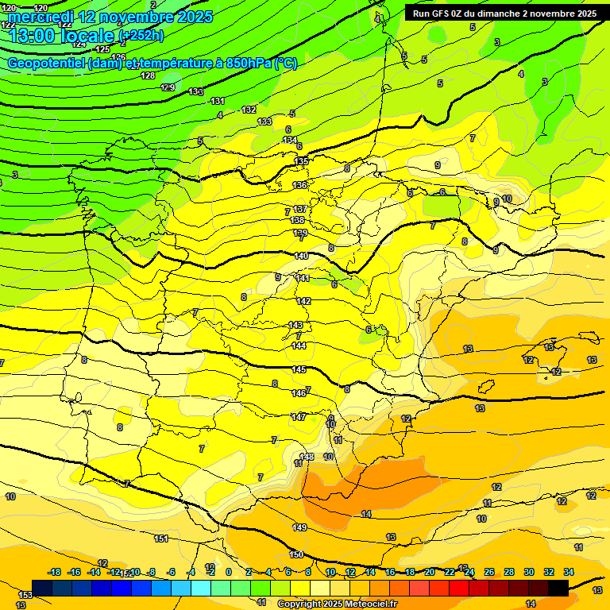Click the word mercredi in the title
point(43,16)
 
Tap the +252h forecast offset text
point(141,35)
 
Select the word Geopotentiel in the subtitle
point(49,64)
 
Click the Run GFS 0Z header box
point(504,14)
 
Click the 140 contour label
point(301,256)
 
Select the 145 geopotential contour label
point(299,370)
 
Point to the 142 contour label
point(303,301)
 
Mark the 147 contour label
point(299,417)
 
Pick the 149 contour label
point(299,527)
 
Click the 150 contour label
point(296,554)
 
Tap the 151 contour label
point(161,539)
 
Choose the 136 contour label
point(299,185)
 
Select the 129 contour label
point(168,87)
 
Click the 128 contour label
point(148,75)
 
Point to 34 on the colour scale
point(569,572)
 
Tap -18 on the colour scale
point(55,572)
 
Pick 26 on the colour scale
point(488,572)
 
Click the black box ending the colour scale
point(558,588)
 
